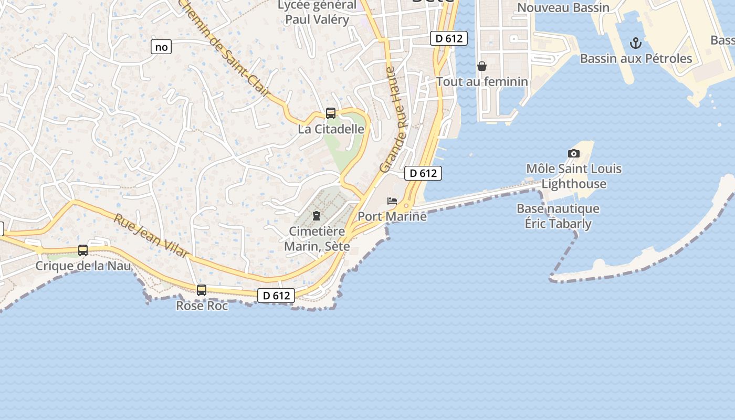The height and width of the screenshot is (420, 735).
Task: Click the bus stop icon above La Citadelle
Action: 331,113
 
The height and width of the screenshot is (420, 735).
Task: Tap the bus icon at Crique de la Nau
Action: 83,250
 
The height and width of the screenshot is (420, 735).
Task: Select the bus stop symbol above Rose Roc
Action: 202,290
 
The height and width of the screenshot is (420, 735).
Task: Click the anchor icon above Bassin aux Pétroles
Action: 636,43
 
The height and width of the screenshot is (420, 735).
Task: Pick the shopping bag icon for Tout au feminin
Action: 482,66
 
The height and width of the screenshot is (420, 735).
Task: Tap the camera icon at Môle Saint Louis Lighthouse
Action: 574,153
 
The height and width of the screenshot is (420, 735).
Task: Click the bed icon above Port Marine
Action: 392,201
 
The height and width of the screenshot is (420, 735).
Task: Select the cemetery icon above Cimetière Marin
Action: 317,215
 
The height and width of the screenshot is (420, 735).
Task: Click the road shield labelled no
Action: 161,47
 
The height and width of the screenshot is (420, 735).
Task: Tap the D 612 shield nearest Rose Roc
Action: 276,296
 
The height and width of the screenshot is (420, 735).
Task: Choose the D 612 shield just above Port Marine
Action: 423,173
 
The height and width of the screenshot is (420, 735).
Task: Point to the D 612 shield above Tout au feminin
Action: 449,38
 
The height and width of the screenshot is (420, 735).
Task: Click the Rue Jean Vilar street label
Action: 151,235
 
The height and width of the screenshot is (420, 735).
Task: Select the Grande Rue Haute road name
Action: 394,120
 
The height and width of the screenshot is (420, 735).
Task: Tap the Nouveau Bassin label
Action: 563,7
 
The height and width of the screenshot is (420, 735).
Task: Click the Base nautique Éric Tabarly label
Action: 558,216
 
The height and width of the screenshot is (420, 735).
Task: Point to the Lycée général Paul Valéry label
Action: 317,13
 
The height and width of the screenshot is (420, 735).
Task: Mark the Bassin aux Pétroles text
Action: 636,58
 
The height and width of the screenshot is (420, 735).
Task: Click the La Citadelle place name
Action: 331,129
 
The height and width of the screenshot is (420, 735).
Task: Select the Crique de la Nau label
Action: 83,266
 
